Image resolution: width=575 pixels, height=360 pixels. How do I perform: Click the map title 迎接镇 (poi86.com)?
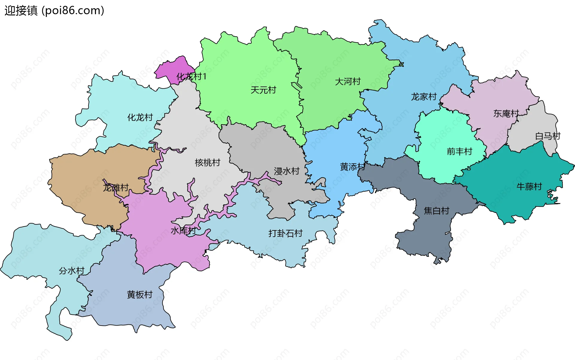point(54,10)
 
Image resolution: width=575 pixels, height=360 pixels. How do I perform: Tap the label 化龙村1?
point(191,77)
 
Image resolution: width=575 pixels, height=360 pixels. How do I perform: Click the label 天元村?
point(263,90)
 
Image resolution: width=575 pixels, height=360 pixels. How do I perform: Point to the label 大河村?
point(348,81)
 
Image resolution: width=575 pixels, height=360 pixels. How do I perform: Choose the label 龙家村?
point(424,97)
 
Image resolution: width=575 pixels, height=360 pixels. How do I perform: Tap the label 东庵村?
point(506,113)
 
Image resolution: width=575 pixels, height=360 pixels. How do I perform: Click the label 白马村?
point(548,136)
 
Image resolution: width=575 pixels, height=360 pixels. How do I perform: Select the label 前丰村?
point(459,151)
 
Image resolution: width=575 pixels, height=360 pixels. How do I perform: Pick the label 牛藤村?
point(529,186)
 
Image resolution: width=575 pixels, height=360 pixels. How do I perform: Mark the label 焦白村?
point(437,211)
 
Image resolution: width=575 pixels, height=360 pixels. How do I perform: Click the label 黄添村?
point(353,167)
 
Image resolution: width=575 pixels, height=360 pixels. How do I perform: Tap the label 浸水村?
point(287,171)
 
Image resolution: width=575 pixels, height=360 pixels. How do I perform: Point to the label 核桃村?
point(208,162)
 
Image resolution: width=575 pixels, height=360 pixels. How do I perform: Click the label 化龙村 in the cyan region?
point(140,117)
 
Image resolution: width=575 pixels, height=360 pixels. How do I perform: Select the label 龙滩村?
point(116,188)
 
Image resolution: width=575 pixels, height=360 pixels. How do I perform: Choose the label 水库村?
point(183,230)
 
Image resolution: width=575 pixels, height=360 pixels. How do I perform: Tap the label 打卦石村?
point(285,233)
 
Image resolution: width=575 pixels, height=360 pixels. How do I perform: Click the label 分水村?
point(72,271)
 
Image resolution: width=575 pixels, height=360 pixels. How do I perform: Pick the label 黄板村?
point(140,294)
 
